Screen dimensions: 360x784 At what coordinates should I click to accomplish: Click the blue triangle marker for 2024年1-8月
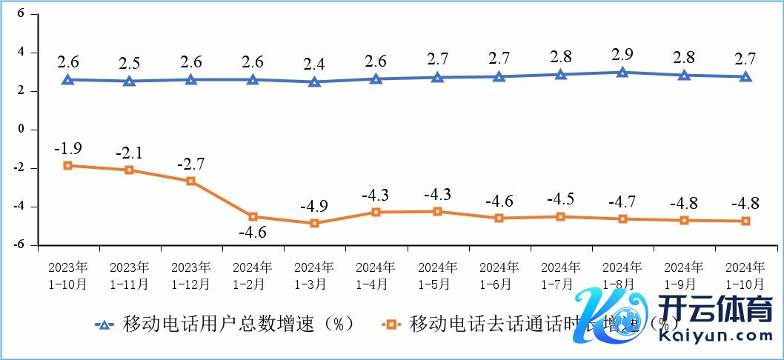622,73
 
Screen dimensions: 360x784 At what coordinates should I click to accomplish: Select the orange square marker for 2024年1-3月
314,223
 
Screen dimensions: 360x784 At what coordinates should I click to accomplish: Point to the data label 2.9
622,54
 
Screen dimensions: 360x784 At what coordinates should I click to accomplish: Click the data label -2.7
190,163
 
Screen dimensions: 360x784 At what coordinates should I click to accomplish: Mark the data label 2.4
314,64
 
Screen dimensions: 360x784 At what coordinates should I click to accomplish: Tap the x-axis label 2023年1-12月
190,275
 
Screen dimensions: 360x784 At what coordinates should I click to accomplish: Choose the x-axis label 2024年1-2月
252,275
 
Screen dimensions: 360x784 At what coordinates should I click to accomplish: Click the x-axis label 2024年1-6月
499,275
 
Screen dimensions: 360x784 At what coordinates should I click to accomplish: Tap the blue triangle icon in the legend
104,324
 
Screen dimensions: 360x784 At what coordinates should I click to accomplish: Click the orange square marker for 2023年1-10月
67,165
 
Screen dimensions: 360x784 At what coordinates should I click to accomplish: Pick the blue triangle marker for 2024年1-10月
745,76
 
